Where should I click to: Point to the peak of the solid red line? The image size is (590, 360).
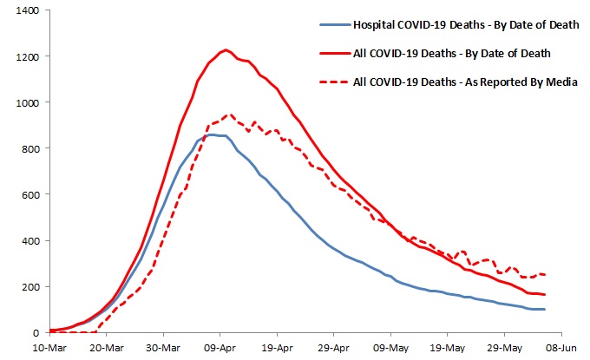click(226, 50)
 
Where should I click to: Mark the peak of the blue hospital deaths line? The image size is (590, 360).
click(212, 134)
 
